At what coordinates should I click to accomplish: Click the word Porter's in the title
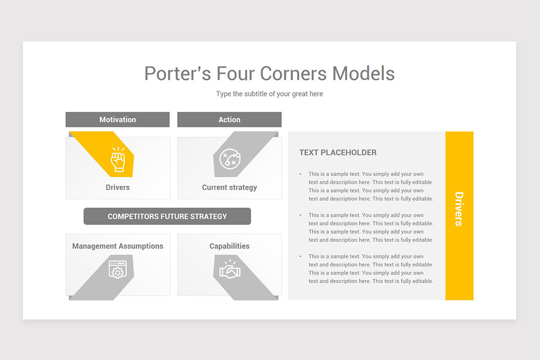pyautogui.click(x=177, y=73)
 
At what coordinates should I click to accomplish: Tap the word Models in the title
pyautogui.click(x=363, y=73)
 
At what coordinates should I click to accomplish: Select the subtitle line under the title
pyautogui.click(x=269, y=94)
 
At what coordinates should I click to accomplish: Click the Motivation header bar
pyautogui.click(x=117, y=120)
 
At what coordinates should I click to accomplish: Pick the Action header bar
pyautogui.click(x=229, y=120)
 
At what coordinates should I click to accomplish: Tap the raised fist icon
pyautogui.click(x=118, y=159)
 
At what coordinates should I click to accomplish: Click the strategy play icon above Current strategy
pyautogui.click(x=230, y=159)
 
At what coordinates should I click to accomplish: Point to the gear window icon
pyautogui.click(x=117, y=270)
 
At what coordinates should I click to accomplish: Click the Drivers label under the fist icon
pyautogui.click(x=117, y=187)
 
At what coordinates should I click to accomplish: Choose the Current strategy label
pyautogui.click(x=229, y=187)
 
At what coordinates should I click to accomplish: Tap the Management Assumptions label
pyautogui.click(x=117, y=246)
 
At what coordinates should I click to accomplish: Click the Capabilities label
pyautogui.click(x=229, y=246)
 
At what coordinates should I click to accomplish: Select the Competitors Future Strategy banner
pyautogui.click(x=167, y=216)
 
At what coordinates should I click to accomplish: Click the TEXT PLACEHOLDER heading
pyautogui.click(x=337, y=153)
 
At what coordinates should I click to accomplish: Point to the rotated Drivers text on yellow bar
pyautogui.click(x=459, y=209)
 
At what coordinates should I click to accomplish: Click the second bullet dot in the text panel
pyautogui.click(x=301, y=215)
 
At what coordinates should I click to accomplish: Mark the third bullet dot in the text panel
pyautogui.click(x=301, y=256)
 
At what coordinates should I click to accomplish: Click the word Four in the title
pyautogui.click(x=235, y=73)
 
